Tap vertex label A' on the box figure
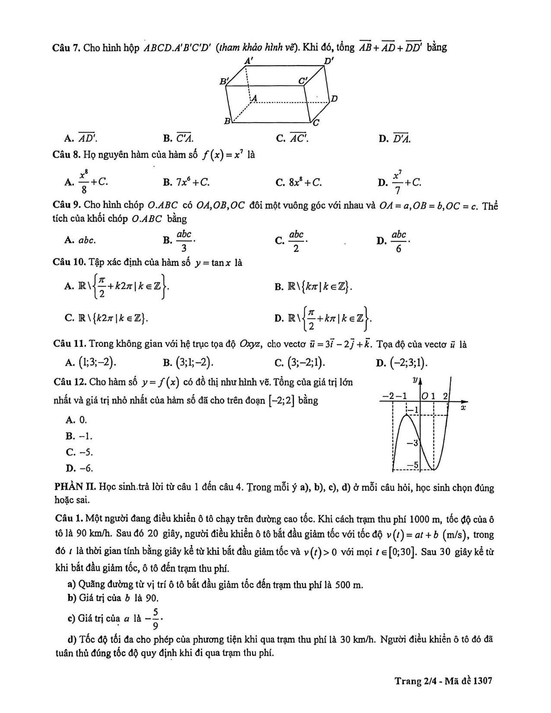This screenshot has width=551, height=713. pyautogui.click(x=248, y=61)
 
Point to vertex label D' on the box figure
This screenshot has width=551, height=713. pyautogui.click(x=329, y=61)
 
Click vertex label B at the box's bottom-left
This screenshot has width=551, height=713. pyautogui.click(x=226, y=121)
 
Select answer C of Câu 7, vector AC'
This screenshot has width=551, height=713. pyautogui.click(x=299, y=138)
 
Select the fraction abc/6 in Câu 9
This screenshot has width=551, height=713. pyautogui.click(x=399, y=240)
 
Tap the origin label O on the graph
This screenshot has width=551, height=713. pyautogui.click(x=425, y=395)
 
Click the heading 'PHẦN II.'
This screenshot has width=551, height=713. pyautogui.click(x=75, y=487)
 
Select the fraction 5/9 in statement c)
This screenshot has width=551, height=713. pyautogui.click(x=156, y=619)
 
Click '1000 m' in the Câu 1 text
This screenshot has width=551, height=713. pyautogui.click(x=424, y=519)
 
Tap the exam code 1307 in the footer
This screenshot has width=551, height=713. pyautogui.click(x=483, y=681)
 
